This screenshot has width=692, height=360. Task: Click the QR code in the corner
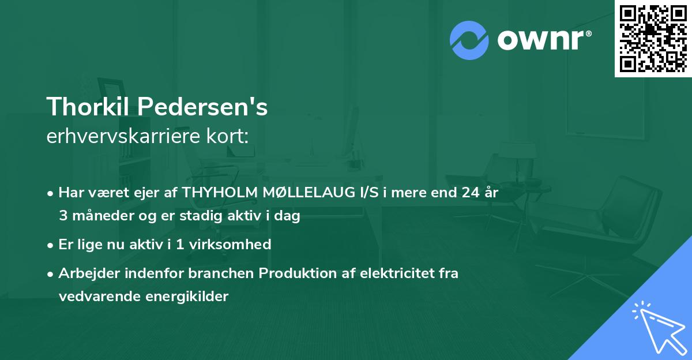(x=653, y=38)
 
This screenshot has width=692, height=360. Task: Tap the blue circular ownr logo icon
(x=469, y=40)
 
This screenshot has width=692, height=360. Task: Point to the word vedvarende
(x=94, y=297)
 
